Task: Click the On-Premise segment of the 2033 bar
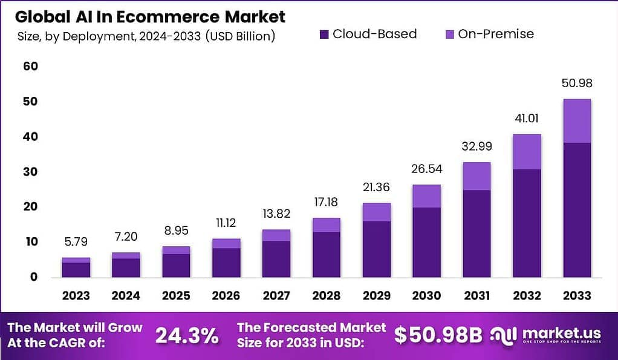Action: [x=577, y=121]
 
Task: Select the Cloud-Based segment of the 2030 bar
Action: [x=427, y=242]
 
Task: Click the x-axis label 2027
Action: [x=276, y=296]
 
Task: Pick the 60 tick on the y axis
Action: [x=31, y=66]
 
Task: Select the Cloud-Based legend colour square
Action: [x=324, y=34]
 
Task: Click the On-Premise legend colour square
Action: [x=449, y=34]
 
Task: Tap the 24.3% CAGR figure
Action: [x=187, y=336]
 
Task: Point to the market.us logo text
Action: [x=562, y=333]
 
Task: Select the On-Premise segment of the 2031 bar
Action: [x=477, y=176]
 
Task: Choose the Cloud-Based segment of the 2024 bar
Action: [x=126, y=267]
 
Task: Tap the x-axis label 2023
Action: [x=76, y=296]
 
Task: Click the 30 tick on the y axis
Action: [x=31, y=172]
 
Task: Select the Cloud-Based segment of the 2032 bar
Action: [x=527, y=223]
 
